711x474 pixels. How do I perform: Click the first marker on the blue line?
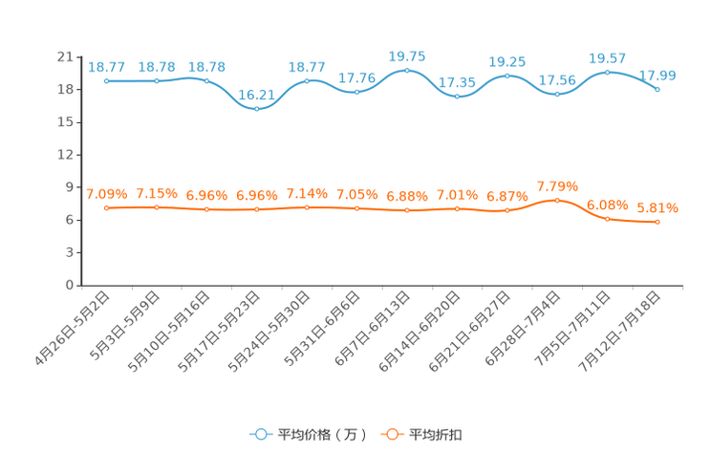[x=107, y=81]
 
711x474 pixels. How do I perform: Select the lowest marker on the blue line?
[x=257, y=108]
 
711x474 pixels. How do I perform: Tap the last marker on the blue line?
[x=658, y=89]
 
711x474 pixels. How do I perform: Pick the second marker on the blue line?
[x=157, y=81]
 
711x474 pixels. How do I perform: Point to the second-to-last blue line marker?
[x=608, y=72]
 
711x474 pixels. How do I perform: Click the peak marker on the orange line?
[x=558, y=201]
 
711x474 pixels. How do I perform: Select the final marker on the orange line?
[x=658, y=222]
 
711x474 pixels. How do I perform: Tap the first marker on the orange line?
[x=107, y=208]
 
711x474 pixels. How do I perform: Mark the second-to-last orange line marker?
[x=608, y=219]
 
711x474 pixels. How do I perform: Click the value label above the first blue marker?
[x=106, y=66]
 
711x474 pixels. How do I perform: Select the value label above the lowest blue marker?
[x=256, y=94]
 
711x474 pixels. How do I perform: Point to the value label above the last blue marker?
[x=658, y=75]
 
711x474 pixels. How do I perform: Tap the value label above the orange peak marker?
[x=558, y=186]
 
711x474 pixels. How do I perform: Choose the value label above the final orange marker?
[x=657, y=207]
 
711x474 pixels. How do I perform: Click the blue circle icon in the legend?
[x=259, y=434]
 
